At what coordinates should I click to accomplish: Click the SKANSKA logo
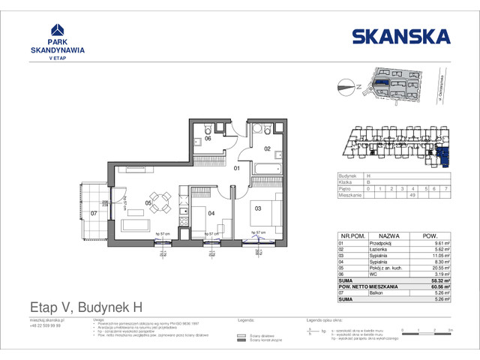point(400,35)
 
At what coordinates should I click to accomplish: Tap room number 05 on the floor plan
point(148,202)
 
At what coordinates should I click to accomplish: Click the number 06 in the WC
point(208,139)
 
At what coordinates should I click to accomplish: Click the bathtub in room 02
point(265,169)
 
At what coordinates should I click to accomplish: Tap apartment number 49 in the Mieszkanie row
point(412,196)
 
